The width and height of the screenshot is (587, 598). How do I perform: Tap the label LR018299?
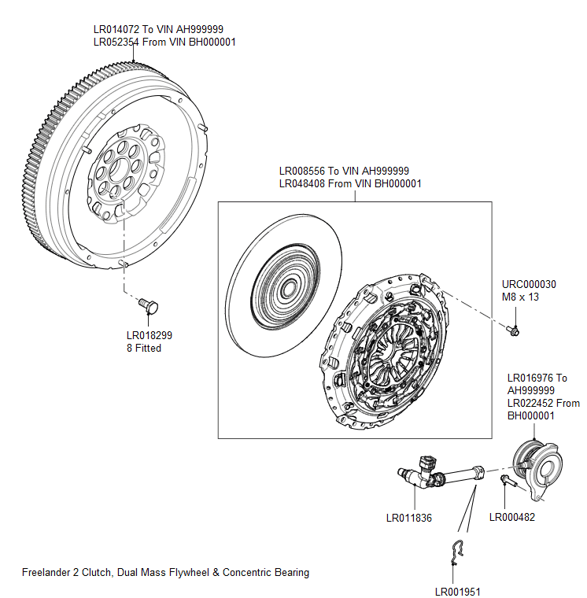point(150,335)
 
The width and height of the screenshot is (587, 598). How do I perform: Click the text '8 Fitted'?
point(144,348)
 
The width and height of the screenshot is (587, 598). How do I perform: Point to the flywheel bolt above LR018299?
point(148,303)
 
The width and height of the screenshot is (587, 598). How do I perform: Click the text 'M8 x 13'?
point(521,297)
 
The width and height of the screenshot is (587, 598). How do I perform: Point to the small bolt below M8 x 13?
point(513,330)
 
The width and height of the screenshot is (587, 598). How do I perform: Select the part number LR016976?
point(531,378)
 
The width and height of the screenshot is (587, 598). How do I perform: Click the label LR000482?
point(511,517)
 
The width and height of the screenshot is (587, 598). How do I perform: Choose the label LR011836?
point(409,518)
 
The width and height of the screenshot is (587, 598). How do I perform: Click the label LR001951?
point(457,592)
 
